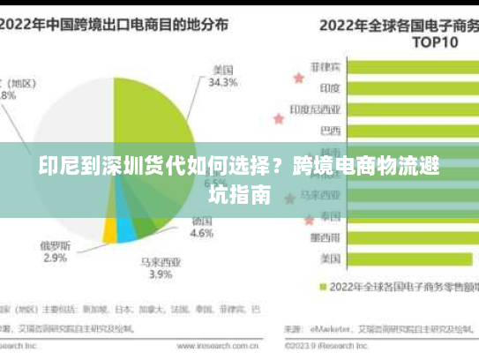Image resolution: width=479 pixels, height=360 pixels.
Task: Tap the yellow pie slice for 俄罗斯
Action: [109, 231]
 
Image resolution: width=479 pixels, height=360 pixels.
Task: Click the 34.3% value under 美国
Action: [222, 83]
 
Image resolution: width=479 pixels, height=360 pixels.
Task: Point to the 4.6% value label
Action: [202, 234]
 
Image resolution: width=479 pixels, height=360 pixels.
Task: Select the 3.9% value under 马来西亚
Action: [160, 274]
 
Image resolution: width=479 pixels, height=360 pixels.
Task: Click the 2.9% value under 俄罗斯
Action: [55, 258]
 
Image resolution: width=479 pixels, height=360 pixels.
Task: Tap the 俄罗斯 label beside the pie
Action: [55, 244]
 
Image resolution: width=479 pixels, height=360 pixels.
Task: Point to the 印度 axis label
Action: [330, 88]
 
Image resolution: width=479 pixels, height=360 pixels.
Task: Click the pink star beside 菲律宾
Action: [298, 78]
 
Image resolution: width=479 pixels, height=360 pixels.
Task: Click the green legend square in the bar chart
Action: [323, 287]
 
